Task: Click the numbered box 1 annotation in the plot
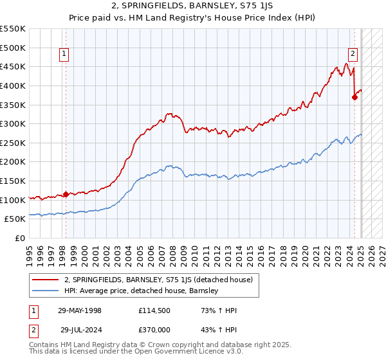[65, 55]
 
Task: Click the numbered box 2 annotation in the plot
[353, 55]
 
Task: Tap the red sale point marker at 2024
[354, 97]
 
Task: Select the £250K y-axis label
[13, 143]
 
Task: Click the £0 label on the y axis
[19, 238]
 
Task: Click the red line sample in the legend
[46, 280]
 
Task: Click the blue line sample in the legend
[46, 291]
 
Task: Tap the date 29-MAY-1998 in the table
[79, 310]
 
